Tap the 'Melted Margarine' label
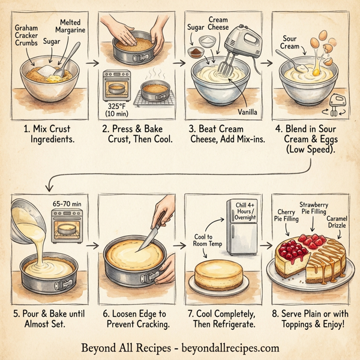[x=71, y=25]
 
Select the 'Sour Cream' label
[x=290, y=43]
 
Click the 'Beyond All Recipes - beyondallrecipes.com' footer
[x=180, y=347]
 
